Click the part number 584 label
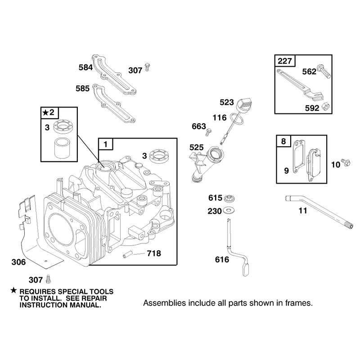[85, 67]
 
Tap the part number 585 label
[83, 89]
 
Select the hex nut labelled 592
[325, 107]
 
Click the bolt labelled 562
[324, 71]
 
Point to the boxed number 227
[285, 61]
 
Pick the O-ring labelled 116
[237, 118]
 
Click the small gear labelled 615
[229, 198]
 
